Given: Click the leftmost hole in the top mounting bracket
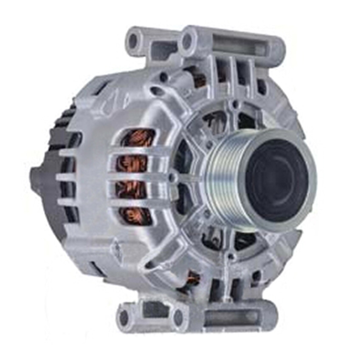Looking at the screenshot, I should click(133, 40).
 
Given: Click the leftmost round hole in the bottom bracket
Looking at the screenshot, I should click(124, 317).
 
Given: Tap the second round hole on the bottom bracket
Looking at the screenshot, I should click(179, 317).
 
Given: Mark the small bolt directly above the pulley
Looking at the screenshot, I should click(233, 103).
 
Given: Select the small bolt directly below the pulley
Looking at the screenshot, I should click(231, 257).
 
